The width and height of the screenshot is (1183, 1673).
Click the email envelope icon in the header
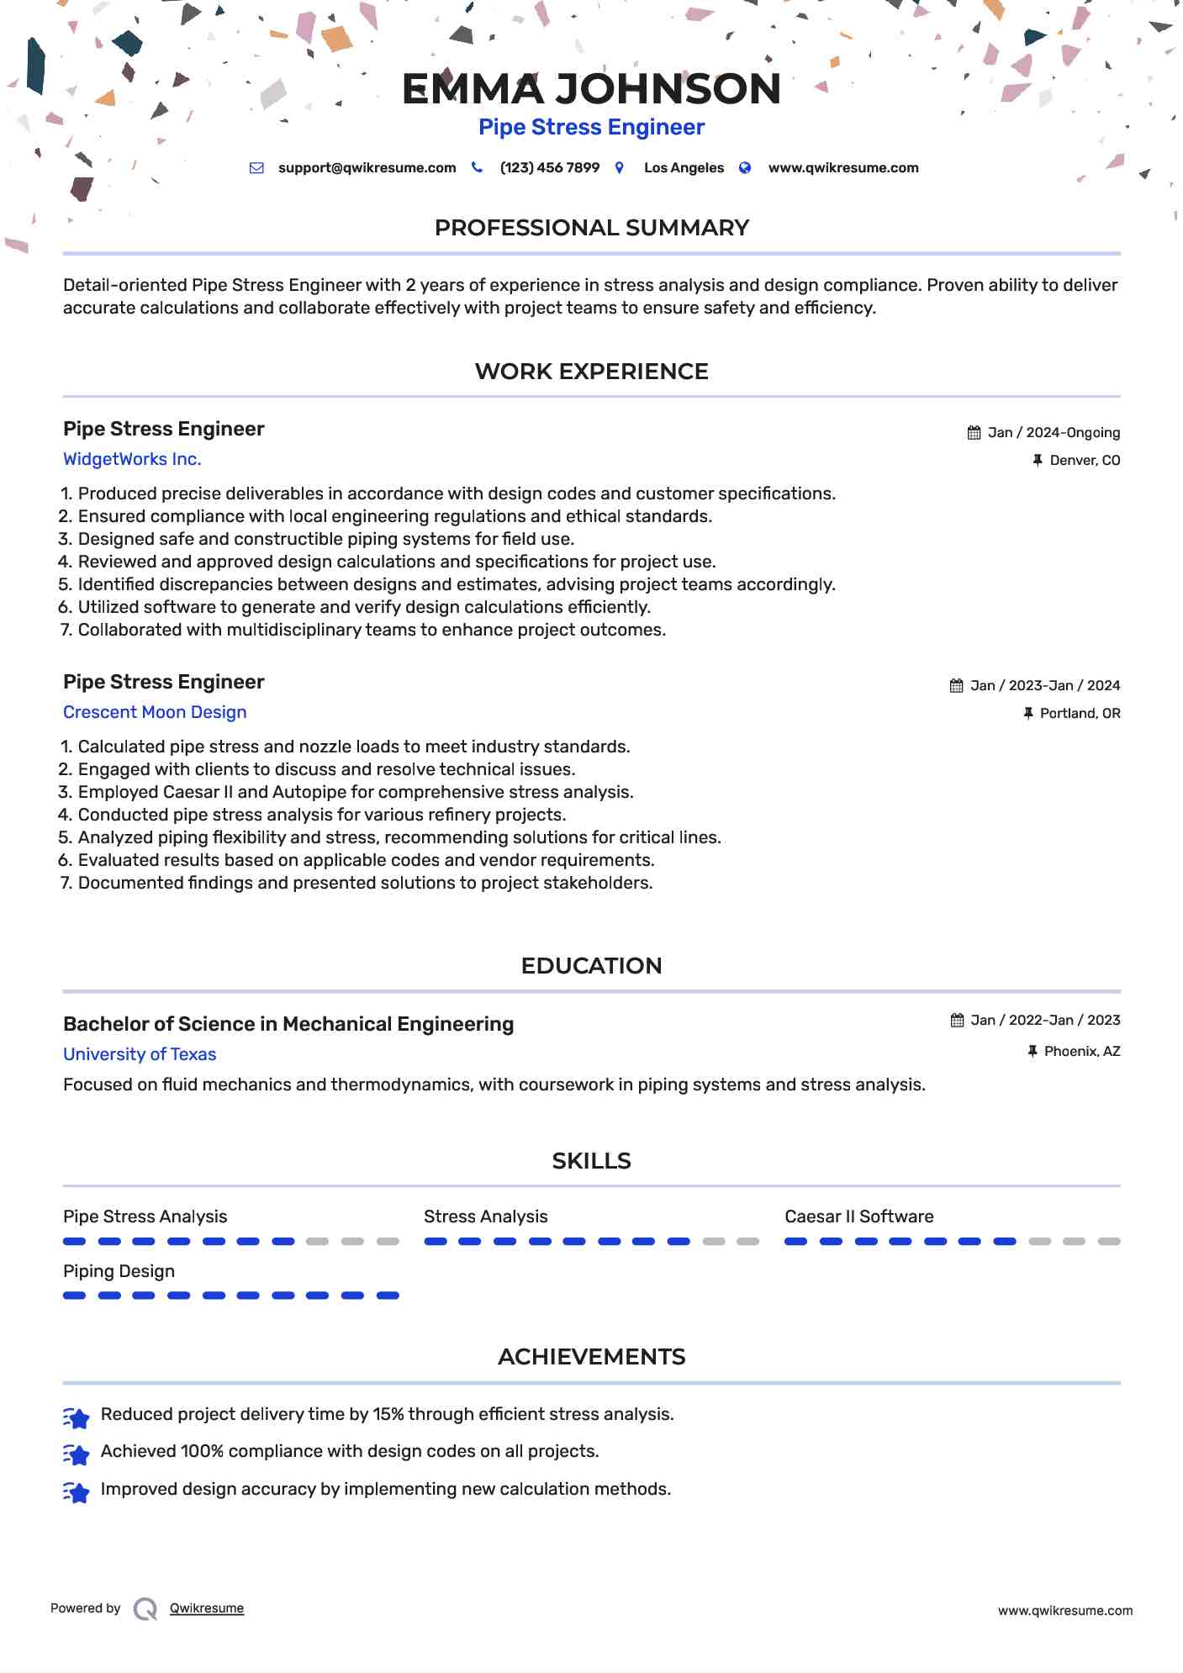pyautogui.click(x=256, y=168)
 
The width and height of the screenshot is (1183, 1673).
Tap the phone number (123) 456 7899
pyautogui.click(x=549, y=168)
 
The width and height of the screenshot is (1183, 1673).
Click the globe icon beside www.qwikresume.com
pyautogui.click(x=745, y=168)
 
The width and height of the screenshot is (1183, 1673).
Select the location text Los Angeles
pyautogui.click(x=684, y=168)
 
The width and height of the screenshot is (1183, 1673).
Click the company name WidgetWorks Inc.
pyautogui.click(x=132, y=460)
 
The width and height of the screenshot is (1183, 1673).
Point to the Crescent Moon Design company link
pyautogui.click(x=155, y=713)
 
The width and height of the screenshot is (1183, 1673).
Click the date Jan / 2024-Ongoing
pyautogui.click(x=1054, y=433)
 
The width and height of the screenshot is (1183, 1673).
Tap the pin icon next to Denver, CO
pyautogui.click(x=1038, y=461)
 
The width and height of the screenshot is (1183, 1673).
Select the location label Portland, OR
pyautogui.click(x=1080, y=714)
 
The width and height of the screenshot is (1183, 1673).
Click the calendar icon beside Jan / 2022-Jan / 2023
pyautogui.click(x=957, y=1021)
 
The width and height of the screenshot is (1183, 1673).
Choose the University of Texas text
pyautogui.click(x=140, y=1055)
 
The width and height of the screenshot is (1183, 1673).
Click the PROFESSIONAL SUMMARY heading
pyautogui.click(x=591, y=228)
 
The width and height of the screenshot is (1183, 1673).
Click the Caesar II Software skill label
pyautogui.click(x=858, y=1217)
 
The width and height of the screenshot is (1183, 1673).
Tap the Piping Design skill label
pyautogui.click(x=119, y=1272)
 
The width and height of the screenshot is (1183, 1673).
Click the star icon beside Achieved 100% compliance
pyautogui.click(x=77, y=1454)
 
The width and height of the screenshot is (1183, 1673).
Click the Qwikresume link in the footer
pyautogui.click(x=207, y=1609)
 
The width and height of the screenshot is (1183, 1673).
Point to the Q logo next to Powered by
pyautogui.click(x=145, y=1609)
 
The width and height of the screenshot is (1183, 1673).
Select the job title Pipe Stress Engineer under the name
pyautogui.click(x=591, y=127)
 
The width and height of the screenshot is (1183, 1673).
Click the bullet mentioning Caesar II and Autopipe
pyautogui.click(x=355, y=793)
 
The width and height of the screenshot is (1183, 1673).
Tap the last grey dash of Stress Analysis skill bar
pyautogui.click(x=747, y=1242)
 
